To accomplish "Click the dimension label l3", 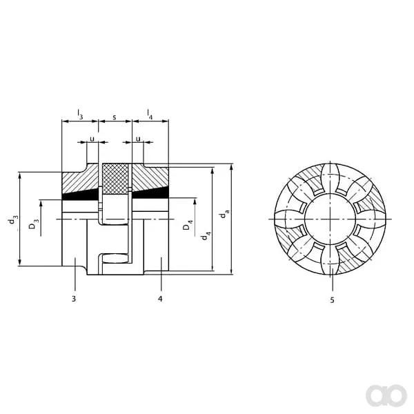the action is click(80, 115).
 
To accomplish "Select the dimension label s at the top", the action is click(115, 117).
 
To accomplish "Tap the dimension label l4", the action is click(150, 115).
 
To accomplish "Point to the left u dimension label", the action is click(92, 139).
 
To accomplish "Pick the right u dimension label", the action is click(138, 139).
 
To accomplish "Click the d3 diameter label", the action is click(13, 219).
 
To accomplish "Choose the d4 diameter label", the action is click(206, 235).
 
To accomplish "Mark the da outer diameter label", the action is click(225, 213).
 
